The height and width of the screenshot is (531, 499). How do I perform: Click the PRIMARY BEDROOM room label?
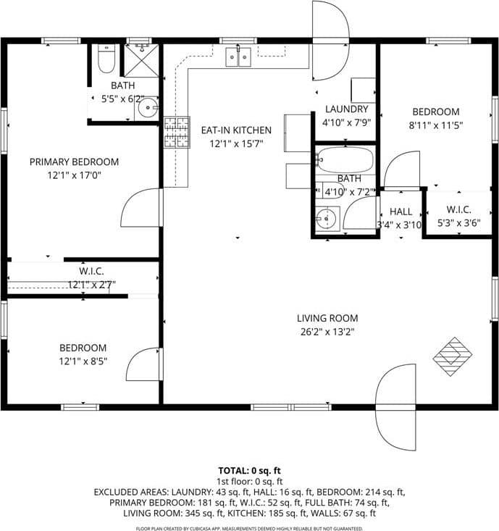point(74,162)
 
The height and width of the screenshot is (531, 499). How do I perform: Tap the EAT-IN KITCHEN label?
point(236,130)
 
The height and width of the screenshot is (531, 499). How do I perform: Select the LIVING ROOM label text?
point(327,318)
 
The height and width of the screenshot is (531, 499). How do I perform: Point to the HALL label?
point(401,212)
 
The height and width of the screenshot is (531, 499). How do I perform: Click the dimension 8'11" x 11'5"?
point(436,125)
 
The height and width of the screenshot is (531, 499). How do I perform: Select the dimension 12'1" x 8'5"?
point(83,361)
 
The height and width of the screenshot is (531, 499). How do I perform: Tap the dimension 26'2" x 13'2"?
point(327,332)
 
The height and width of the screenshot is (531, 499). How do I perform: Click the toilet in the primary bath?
point(106,60)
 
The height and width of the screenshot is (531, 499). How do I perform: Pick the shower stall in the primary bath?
point(141,60)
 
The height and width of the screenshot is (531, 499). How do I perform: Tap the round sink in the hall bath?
point(327,218)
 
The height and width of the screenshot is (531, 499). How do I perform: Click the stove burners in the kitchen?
point(176,133)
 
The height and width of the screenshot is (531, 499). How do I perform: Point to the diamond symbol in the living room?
point(453,356)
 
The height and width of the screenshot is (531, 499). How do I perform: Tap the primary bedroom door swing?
point(142,208)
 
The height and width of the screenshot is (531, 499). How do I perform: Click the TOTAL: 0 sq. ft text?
point(249,469)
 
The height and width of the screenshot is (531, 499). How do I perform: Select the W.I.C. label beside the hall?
point(458,211)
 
